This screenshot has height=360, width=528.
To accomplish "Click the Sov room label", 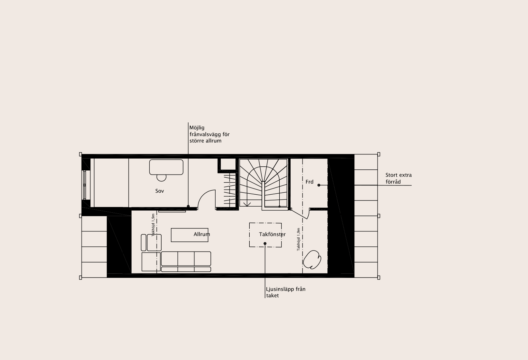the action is point(160,191).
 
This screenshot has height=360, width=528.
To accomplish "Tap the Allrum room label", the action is point(202,235).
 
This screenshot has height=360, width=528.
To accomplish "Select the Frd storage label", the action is point(309,182).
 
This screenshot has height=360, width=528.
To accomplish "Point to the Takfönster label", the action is point(272,235).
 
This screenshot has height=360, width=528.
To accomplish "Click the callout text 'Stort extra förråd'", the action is point(399,178).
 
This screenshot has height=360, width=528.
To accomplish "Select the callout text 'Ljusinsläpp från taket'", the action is point(286,292).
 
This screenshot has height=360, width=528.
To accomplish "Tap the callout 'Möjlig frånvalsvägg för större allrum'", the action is point(209,134).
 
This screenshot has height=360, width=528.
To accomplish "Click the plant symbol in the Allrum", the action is point(312,259).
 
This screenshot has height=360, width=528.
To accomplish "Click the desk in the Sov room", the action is point(166,167).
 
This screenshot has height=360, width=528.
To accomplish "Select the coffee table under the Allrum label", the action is point(190,235).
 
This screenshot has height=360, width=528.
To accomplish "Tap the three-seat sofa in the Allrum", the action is point(186,261).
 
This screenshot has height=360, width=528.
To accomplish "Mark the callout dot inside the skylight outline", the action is point(265,244).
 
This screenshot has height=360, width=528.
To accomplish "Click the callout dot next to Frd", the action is point(319,185).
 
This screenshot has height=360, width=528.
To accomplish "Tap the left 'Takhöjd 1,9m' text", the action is point(153,225).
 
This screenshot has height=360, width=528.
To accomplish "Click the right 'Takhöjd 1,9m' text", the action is point(298,239).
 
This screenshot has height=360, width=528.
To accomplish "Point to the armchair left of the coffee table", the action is point(154,242).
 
